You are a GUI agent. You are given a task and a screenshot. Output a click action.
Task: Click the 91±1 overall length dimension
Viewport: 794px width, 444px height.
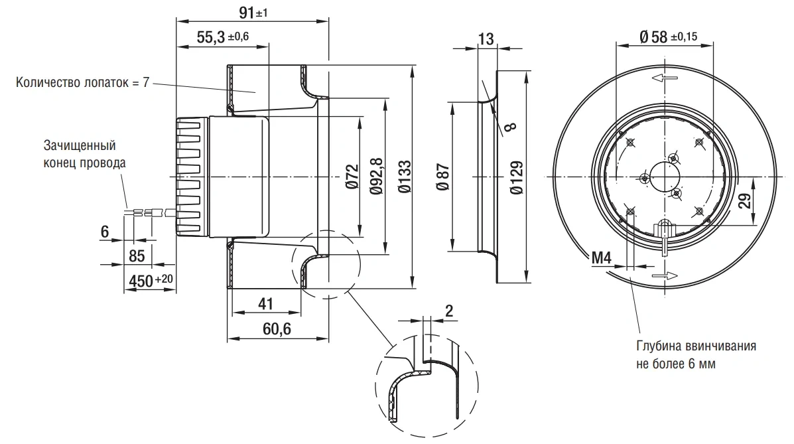click(x=252, y=12)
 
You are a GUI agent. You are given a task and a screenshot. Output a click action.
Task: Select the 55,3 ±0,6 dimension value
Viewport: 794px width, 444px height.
click(x=222, y=37)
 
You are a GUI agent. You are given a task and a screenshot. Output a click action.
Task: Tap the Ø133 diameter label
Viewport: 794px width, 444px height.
click(x=404, y=177)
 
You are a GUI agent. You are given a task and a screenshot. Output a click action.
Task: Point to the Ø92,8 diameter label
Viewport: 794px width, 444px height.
click(x=376, y=177)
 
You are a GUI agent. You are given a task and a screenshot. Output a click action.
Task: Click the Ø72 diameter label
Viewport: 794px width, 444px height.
click(x=352, y=177)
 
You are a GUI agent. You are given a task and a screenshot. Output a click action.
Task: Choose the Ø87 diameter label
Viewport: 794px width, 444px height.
click(x=442, y=177)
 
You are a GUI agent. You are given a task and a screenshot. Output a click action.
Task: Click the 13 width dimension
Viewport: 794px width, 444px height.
click(x=486, y=38)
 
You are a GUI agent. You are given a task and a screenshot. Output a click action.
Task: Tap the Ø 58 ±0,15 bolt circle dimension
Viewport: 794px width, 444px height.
click(x=668, y=37)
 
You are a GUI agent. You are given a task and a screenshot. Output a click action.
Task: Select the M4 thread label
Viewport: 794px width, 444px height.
click(x=602, y=258)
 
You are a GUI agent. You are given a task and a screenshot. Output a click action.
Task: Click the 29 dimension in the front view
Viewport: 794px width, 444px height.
click(x=744, y=200)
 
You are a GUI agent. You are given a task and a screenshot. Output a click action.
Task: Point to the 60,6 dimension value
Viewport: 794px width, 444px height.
click(x=277, y=329)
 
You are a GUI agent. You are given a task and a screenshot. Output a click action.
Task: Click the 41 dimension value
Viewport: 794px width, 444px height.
click(x=265, y=303)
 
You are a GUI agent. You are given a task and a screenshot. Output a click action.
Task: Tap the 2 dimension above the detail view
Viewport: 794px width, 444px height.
click(x=449, y=311)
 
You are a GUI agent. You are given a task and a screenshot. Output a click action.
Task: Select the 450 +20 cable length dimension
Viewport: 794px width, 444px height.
click(x=151, y=280)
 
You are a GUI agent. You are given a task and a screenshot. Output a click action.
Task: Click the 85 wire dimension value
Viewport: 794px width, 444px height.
click(x=137, y=256)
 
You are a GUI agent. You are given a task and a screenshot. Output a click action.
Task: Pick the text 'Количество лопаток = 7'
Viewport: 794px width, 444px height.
click(x=82, y=82)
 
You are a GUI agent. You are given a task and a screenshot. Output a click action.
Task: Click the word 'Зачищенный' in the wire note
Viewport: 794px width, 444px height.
click(x=80, y=146)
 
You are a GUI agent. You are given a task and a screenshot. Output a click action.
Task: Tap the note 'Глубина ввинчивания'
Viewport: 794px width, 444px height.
click(x=696, y=346)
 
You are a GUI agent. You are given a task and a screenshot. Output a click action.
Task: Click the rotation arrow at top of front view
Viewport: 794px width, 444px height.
click(x=665, y=78)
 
